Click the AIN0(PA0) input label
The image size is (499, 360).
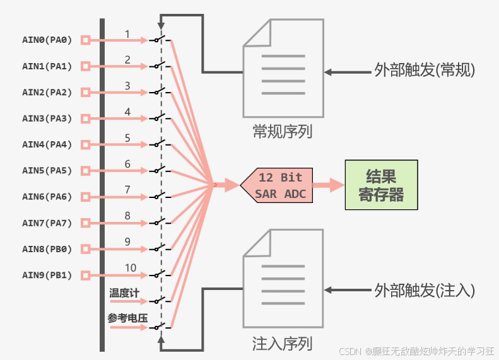coord(47,40)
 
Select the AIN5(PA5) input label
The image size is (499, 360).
coord(47,170)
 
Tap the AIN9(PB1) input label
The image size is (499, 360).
coord(47,275)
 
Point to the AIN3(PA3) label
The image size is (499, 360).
coord(47,118)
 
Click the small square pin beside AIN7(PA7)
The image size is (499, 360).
coord(86,223)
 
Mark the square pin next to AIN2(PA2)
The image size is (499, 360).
coord(86,92)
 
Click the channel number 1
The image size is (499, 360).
coord(127,33)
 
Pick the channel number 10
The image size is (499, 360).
coord(130,268)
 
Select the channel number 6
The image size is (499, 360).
coord(127,164)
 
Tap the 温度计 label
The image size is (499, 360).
coord(124,293)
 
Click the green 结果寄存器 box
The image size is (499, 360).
coord(381,185)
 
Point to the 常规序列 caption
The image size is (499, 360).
coord(282,131)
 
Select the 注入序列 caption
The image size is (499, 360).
coord(282,344)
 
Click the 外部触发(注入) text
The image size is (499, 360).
coord(424,290)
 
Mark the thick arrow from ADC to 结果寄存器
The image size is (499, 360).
coord(328,185)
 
